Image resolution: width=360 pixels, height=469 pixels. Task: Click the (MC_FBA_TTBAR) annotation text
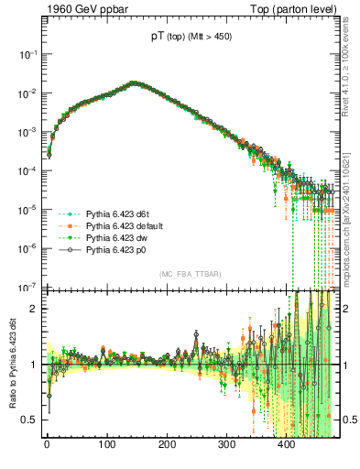pyautogui.click(x=190, y=275)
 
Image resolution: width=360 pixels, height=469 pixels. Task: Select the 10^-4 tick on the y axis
pyautogui.click(x=28, y=171)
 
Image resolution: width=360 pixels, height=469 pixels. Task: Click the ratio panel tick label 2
pyautogui.click(x=33, y=309)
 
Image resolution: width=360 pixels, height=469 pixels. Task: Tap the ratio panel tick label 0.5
pyautogui.click(x=29, y=420)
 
